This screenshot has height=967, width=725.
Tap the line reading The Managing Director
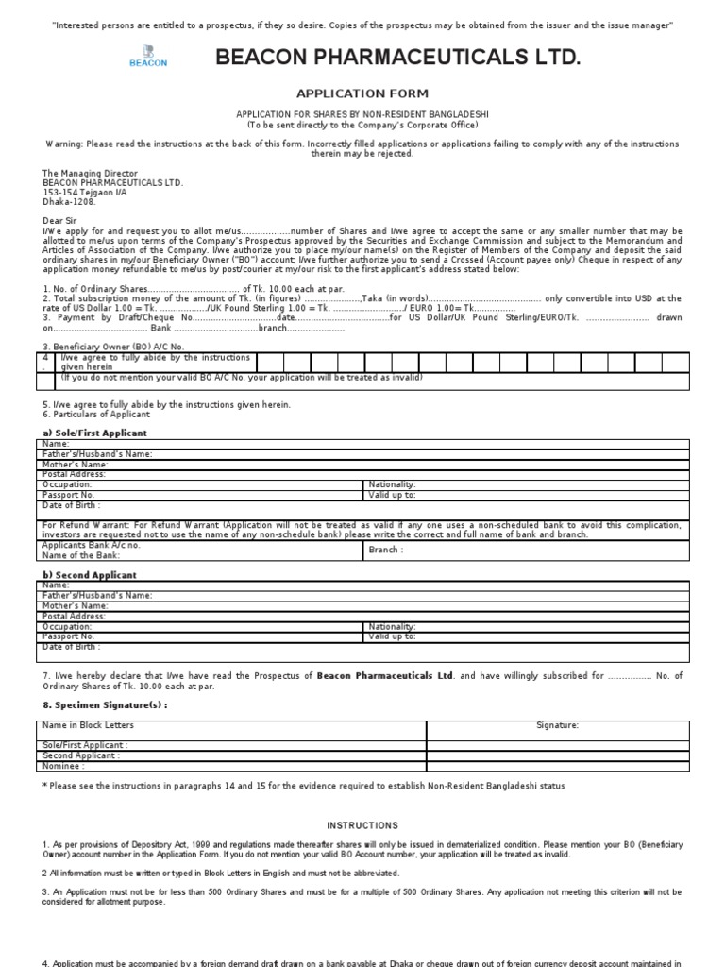90,174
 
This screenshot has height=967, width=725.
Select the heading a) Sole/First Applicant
94,433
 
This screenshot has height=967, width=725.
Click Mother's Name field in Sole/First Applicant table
76,464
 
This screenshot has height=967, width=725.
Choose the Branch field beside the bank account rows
385,550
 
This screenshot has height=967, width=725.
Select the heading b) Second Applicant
90,574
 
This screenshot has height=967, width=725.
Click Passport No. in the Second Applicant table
69,636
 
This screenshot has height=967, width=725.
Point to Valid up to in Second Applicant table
392,636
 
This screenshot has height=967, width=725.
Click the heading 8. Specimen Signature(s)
106,704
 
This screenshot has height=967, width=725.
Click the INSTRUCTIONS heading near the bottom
362,825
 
